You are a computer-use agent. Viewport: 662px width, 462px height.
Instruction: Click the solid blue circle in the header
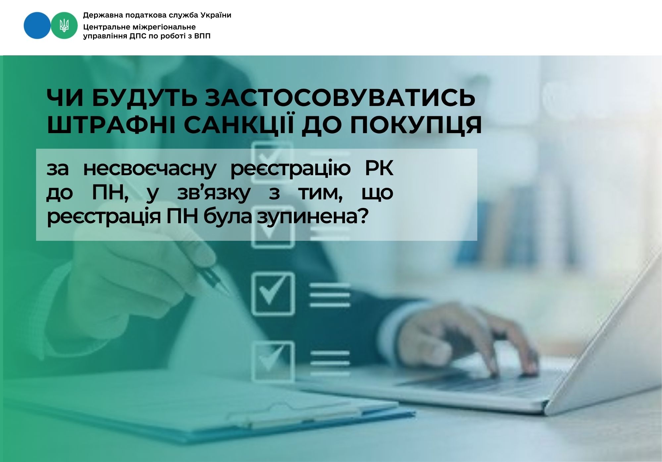click(x=37, y=26)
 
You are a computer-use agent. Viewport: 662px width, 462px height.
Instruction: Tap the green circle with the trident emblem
click(x=64, y=26)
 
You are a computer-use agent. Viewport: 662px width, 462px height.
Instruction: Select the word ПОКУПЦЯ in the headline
click(x=416, y=125)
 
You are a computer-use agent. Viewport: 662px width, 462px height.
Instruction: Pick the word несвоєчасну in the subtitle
click(x=149, y=169)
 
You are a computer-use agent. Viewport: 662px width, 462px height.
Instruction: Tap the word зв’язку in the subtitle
click(x=214, y=193)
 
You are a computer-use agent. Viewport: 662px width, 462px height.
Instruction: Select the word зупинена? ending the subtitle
click(x=313, y=217)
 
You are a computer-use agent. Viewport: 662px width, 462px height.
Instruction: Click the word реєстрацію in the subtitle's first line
click(x=290, y=169)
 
